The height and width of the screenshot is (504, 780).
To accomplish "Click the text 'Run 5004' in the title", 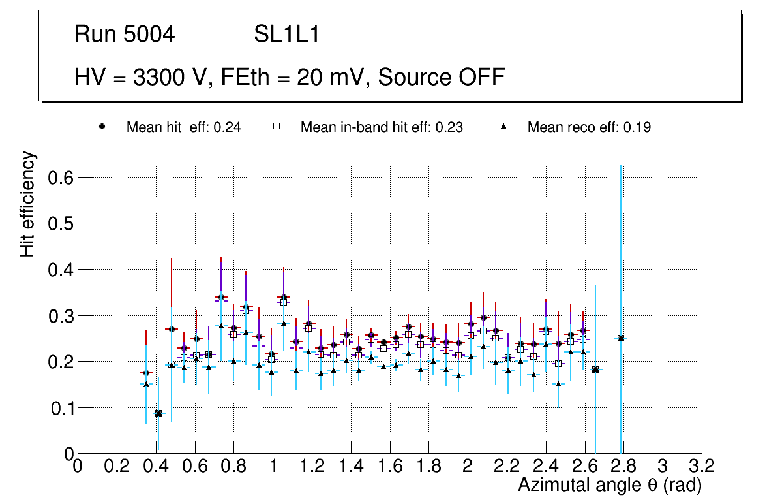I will (x=125, y=35).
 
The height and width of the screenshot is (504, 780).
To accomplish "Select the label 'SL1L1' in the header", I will (x=286, y=35).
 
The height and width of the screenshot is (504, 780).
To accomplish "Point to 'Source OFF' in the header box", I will (x=442, y=77).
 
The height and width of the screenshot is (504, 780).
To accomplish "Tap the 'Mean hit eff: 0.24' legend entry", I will (x=183, y=127).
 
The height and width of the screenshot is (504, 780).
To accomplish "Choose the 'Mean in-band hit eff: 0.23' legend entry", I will (x=382, y=127).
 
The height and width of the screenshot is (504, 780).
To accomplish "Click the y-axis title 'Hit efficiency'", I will (x=27, y=204).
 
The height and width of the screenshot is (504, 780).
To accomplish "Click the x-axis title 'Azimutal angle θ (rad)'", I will (x=610, y=485).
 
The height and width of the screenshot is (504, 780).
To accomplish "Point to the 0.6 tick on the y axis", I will (x=59, y=178).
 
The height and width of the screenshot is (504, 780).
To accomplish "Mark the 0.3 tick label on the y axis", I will (x=59, y=316).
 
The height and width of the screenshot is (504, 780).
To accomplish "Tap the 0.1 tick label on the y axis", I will (x=59, y=408).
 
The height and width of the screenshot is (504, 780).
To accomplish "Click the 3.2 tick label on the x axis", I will (x=702, y=465).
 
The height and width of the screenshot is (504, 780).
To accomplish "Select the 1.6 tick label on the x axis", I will (x=389, y=465).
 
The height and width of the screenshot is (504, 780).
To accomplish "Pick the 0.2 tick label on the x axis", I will (x=117, y=465).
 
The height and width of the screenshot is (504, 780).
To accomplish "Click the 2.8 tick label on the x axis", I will (x=623, y=465).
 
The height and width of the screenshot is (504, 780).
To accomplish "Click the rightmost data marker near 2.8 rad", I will (x=621, y=338).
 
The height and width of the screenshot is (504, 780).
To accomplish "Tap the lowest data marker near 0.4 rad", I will (x=158, y=413).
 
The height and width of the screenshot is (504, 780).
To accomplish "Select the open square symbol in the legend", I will (x=276, y=127).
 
